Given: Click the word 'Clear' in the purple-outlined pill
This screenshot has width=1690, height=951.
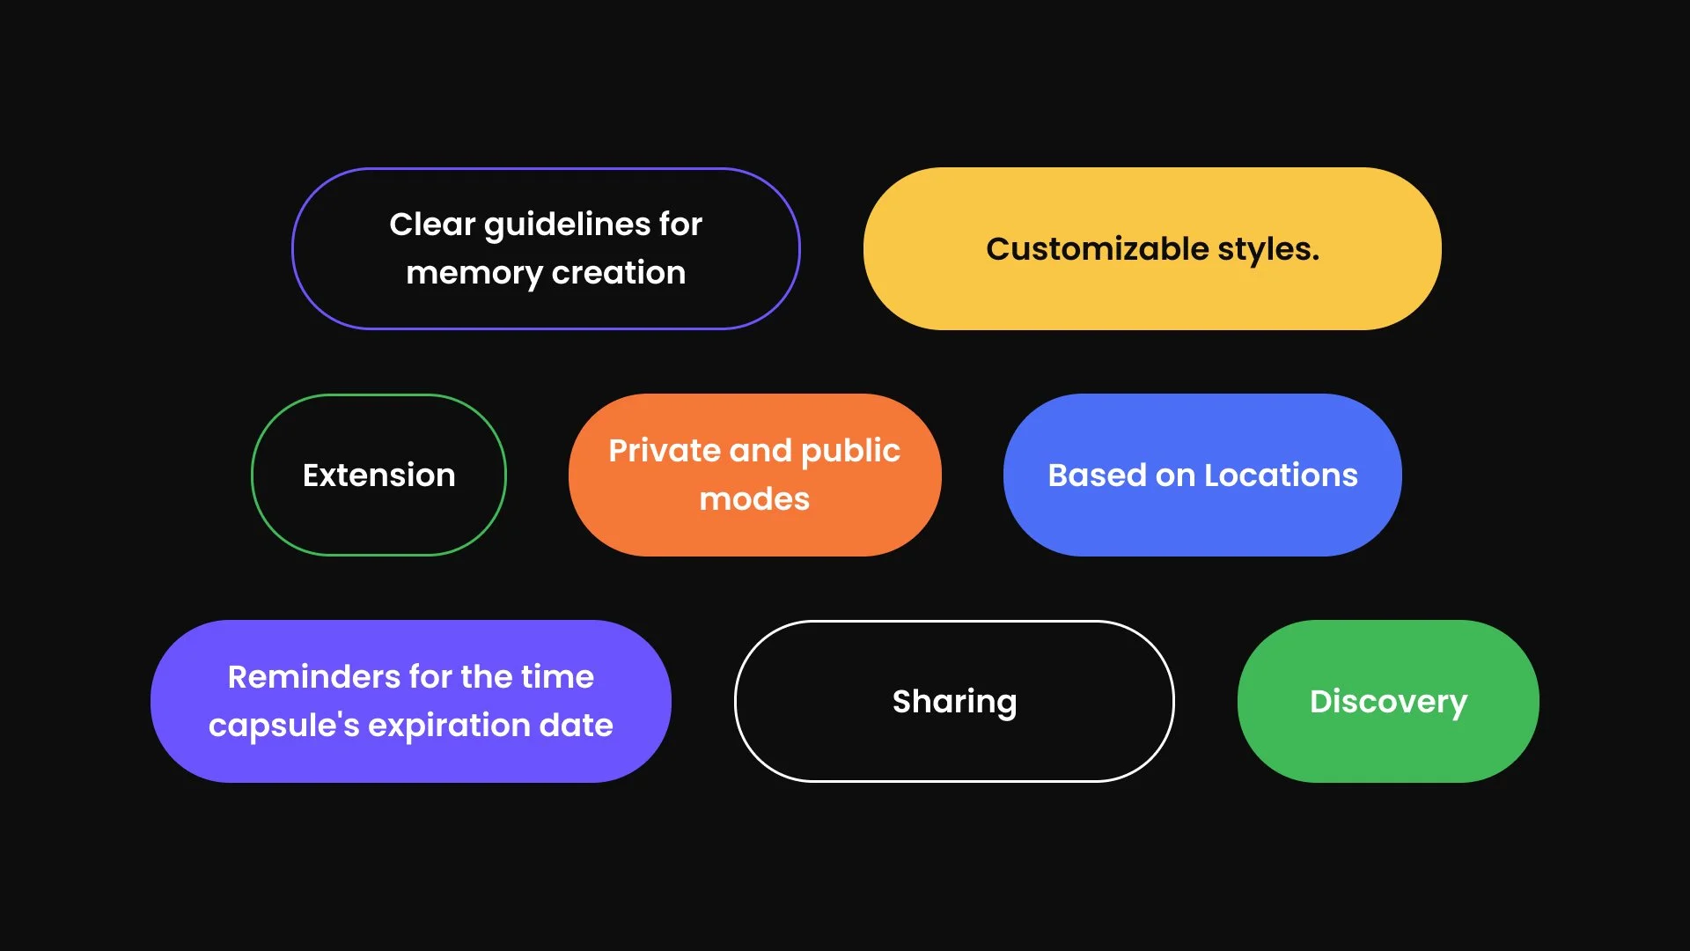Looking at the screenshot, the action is [x=432, y=225].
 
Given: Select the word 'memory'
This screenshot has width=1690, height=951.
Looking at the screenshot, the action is [x=474, y=274].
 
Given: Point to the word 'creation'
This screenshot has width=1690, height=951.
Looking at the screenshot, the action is [x=618, y=273].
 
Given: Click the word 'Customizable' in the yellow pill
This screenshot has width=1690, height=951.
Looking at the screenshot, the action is [x=1097, y=249].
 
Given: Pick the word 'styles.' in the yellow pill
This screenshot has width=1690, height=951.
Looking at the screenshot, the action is [x=1268, y=249].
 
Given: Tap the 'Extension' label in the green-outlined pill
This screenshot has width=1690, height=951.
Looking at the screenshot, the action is [x=378, y=475].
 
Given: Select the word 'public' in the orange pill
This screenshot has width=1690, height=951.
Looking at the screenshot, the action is [x=850, y=452].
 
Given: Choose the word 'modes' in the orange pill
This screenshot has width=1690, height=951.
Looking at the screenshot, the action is [x=754, y=499].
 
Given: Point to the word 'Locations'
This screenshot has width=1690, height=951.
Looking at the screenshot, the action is [x=1281, y=475].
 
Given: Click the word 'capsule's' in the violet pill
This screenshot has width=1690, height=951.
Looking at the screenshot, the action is [x=283, y=726].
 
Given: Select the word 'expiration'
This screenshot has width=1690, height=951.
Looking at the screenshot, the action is [x=448, y=726].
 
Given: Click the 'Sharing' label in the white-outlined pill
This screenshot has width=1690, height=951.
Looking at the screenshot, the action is [x=954, y=702].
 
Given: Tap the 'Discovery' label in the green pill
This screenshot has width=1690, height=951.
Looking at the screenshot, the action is [x=1388, y=702].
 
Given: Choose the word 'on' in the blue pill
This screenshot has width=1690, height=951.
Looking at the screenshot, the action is [x=1175, y=475].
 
